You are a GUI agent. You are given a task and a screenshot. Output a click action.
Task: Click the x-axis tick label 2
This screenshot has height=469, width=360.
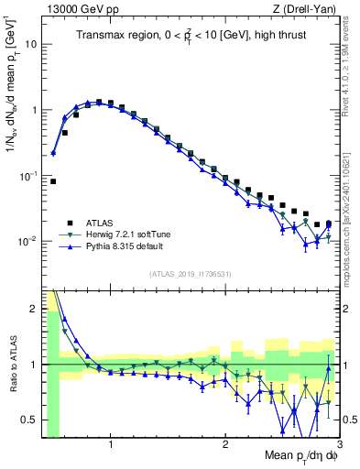[x=225, y=448]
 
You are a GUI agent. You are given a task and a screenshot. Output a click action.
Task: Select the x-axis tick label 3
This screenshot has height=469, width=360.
[x=338, y=448]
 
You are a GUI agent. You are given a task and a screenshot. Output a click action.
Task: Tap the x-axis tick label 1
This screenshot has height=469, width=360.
[x=111, y=448]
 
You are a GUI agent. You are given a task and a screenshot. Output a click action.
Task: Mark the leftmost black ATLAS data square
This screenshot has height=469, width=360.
[x=53, y=181]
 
